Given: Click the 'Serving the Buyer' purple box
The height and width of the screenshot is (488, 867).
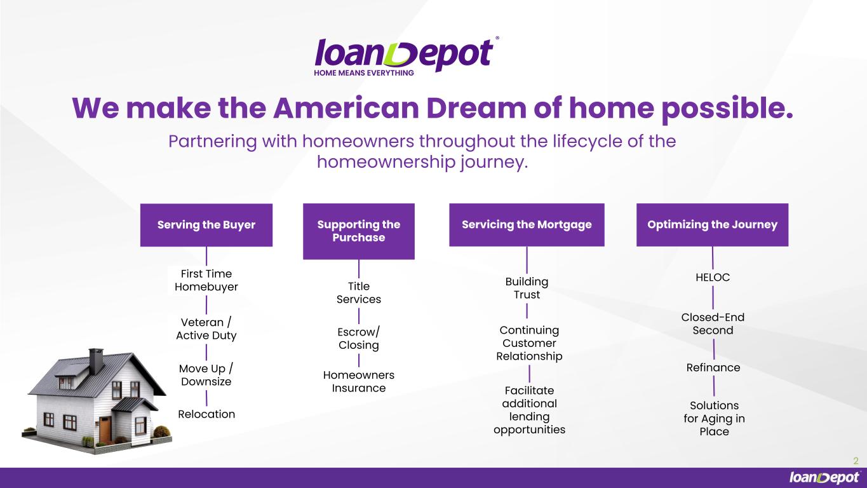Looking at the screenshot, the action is [206, 225].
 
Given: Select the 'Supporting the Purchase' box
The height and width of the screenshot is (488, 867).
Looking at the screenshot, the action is [359, 231].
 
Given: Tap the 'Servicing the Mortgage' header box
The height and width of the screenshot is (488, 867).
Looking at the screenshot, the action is [527, 225].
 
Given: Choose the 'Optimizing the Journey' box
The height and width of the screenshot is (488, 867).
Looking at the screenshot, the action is [713, 225].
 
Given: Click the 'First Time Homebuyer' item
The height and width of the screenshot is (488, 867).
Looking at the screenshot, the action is [206, 280].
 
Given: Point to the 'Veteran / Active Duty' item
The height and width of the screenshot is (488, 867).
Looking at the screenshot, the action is [206, 329].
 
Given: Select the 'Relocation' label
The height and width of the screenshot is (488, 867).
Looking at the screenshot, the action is [206, 414].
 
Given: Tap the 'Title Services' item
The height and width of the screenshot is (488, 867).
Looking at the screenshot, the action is [359, 293].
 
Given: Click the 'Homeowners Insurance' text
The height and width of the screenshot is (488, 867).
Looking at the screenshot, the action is [359, 381].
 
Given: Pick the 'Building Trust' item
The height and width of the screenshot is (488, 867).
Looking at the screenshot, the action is [527, 288].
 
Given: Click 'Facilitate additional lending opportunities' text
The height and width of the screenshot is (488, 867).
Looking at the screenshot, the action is [530, 410].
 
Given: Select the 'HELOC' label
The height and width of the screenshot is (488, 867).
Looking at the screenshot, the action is [713, 277].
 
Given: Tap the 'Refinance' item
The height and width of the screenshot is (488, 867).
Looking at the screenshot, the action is [713, 367].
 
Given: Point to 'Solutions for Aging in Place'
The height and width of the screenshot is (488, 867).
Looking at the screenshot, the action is [714, 419].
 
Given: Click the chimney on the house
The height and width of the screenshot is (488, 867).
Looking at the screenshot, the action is [96, 361].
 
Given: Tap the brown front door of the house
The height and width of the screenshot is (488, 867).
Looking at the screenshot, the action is [105, 430].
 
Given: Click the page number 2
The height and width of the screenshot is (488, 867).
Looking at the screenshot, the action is [856, 461].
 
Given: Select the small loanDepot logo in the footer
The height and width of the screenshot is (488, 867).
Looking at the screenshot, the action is [825, 478].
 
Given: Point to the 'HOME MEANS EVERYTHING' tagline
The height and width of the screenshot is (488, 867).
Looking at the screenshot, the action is [364, 73].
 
